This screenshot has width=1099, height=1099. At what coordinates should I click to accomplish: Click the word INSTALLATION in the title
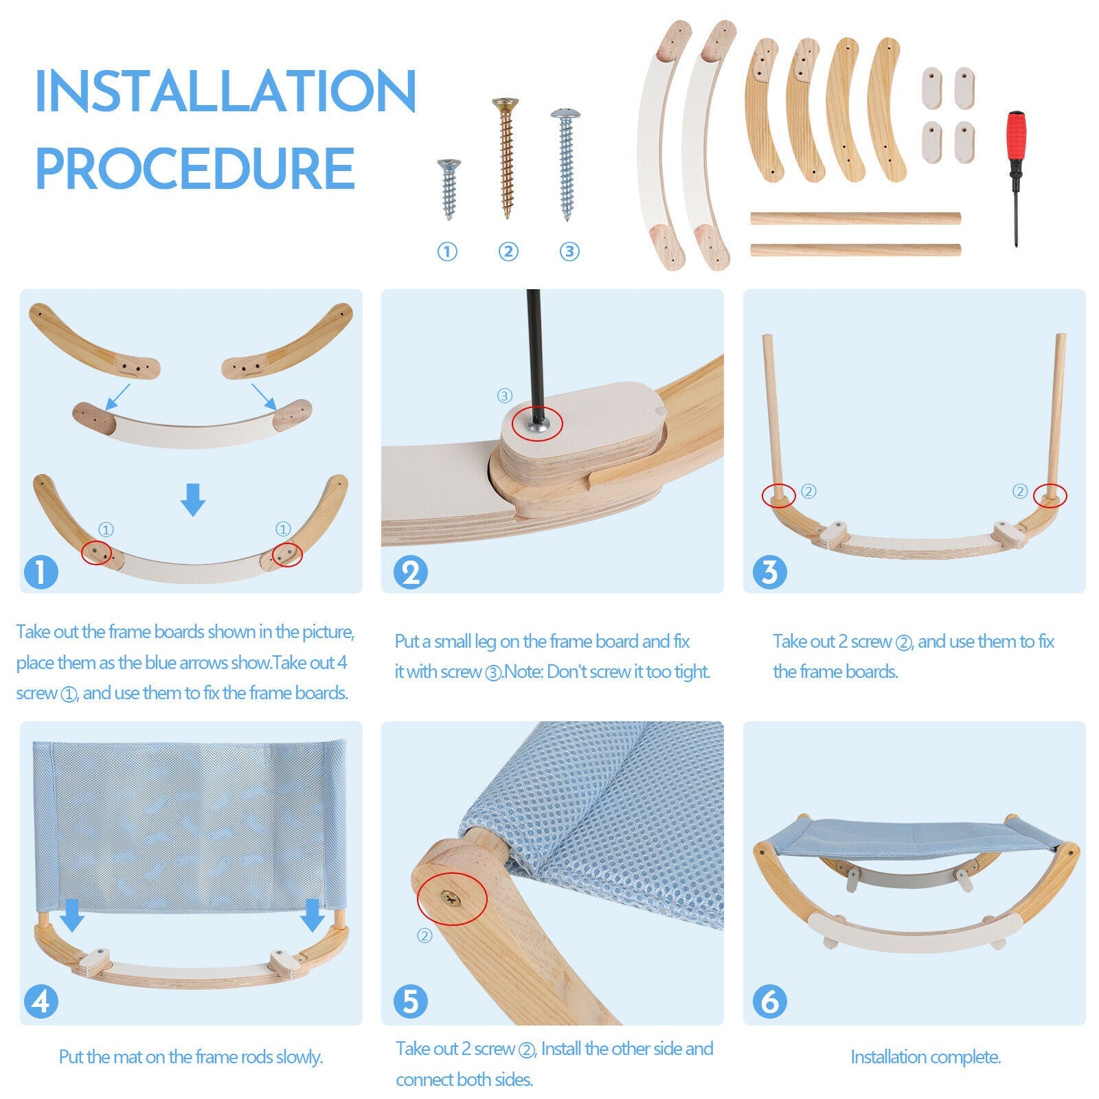pyautogui.click(x=225, y=91)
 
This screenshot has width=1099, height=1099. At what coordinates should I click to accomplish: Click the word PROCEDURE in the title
pyautogui.click(x=195, y=168)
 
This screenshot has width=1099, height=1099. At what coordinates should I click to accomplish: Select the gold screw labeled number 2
pyautogui.click(x=506, y=158)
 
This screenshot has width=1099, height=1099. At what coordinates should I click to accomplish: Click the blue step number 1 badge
pyautogui.click(x=41, y=571)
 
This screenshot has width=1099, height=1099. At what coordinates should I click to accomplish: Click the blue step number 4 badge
pyautogui.click(x=41, y=1001)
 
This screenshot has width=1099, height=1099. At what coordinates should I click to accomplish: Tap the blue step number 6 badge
pyautogui.click(x=769, y=1001)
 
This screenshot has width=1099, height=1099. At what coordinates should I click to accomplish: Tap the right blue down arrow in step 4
pyautogui.click(x=313, y=914)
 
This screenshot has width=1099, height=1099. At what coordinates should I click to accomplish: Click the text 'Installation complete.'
pyautogui.click(x=925, y=1056)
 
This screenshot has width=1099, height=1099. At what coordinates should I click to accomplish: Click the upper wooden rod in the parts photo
pyautogui.click(x=854, y=218)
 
